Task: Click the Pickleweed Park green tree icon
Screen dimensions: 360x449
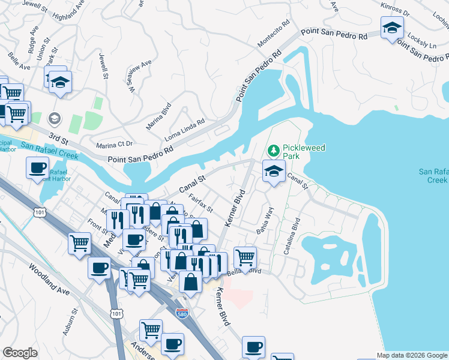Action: pos(274,148)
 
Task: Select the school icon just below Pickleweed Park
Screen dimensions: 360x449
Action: pos(274,172)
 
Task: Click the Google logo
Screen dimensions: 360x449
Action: pos(20,353)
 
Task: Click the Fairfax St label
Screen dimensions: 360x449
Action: pos(201,202)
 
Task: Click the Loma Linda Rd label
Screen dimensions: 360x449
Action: pos(185,129)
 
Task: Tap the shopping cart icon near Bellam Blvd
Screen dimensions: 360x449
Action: pos(245,258)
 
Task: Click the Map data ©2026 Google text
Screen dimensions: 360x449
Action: pos(412,355)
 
